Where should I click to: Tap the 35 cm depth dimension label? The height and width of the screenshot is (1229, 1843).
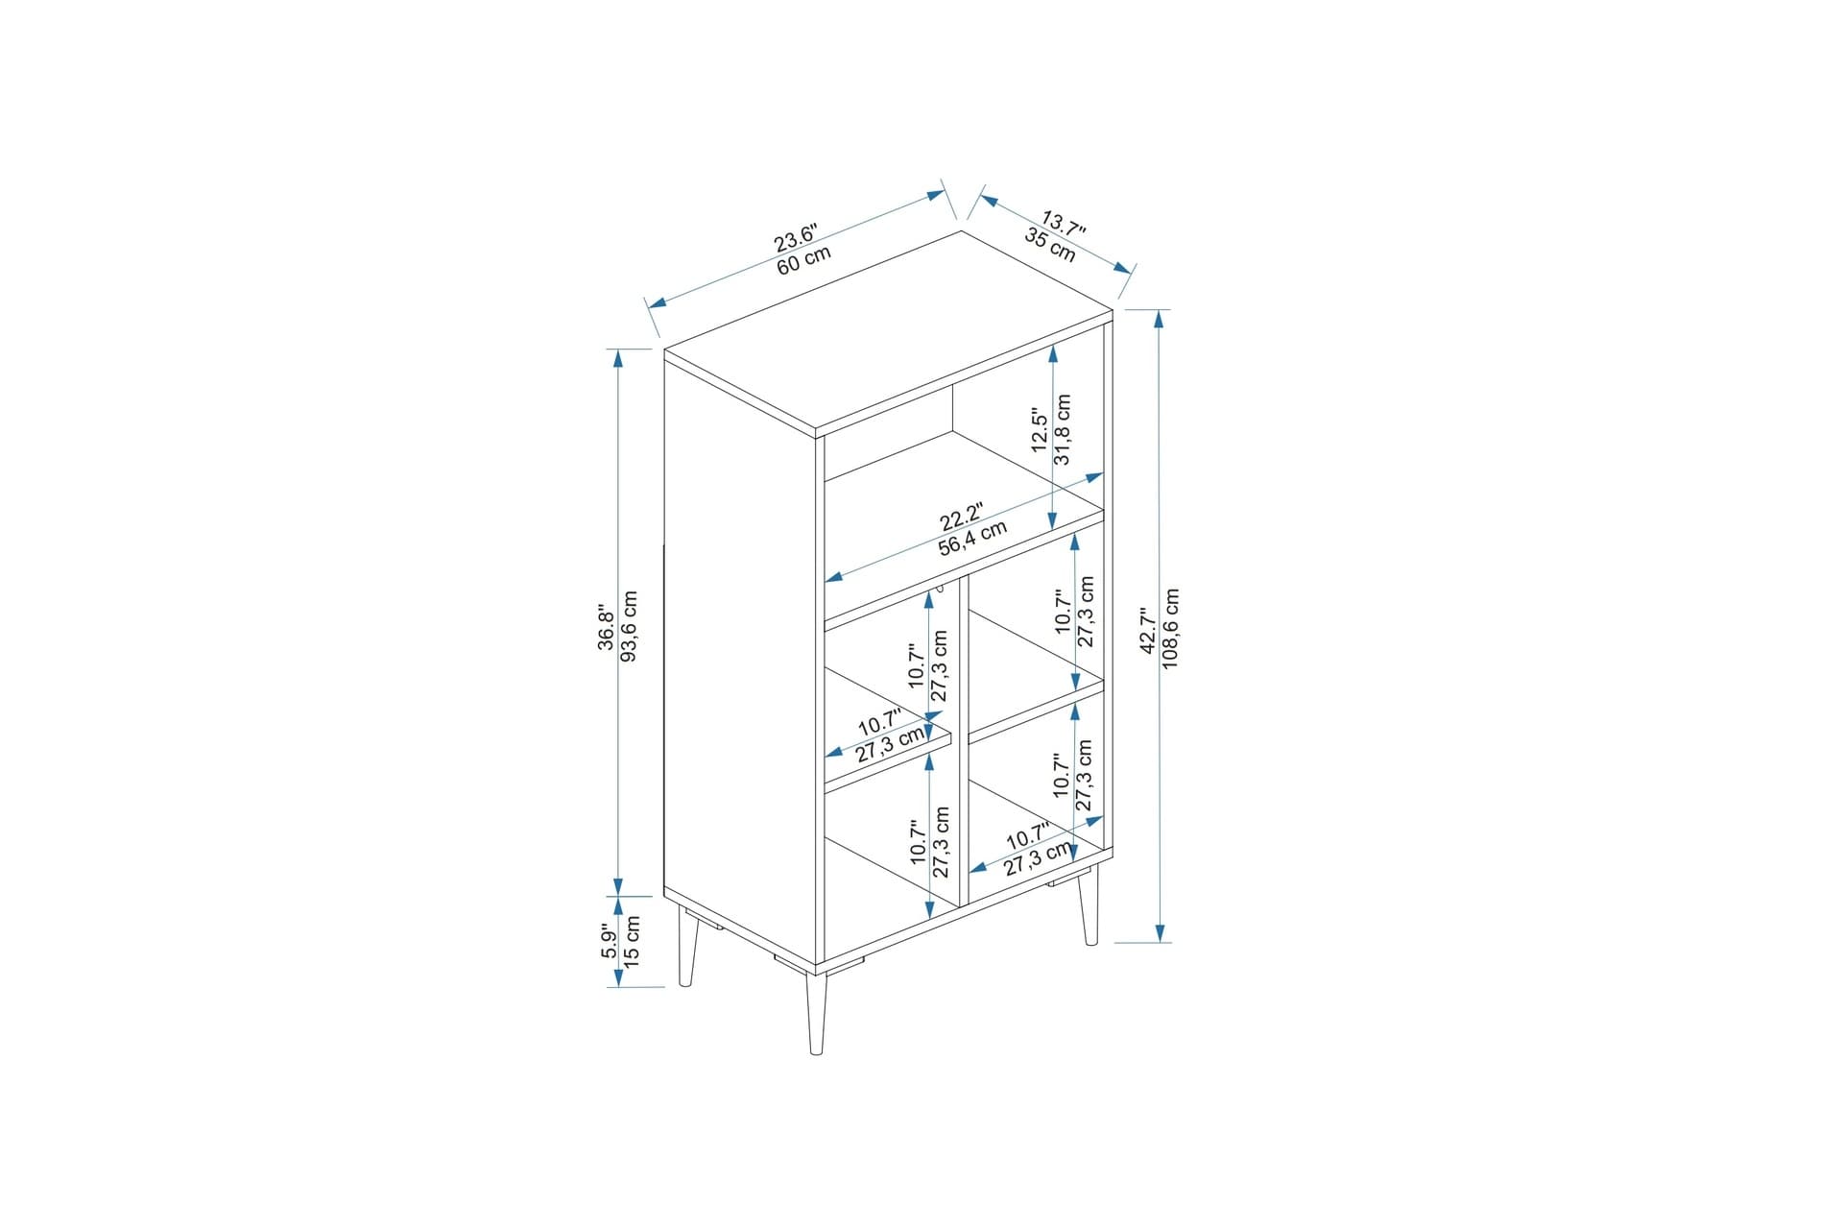point(1050,247)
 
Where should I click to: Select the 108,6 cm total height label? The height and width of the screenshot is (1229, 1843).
point(1170,629)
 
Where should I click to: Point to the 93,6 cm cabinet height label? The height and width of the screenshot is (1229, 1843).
point(630,626)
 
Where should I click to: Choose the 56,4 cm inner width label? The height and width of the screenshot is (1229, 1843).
point(973,538)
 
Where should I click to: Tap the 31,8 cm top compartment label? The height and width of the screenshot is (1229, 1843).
point(1063,429)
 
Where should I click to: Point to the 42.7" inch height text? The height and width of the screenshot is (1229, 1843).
point(1147,630)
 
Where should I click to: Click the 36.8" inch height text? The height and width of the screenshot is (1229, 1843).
point(607,627)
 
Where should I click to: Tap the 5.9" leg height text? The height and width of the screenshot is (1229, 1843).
point(609,941)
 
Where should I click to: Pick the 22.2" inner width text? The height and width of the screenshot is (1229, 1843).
point(961,517)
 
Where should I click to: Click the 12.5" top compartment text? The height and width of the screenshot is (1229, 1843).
point(1040,429)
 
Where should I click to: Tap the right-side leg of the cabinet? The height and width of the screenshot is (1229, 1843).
point(1089,905)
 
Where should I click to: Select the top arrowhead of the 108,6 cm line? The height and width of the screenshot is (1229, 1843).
point(1161,319)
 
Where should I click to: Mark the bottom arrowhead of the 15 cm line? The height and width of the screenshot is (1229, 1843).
point(619,977)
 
